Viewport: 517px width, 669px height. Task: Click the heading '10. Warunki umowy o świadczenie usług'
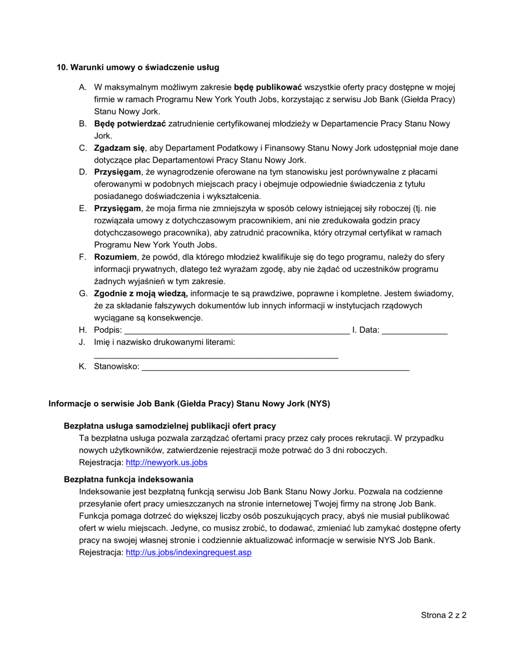[138, 67]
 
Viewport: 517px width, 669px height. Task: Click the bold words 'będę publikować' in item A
[268, 87]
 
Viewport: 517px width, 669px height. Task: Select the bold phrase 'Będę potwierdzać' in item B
[130, 124]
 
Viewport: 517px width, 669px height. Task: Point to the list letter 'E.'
[83, 208]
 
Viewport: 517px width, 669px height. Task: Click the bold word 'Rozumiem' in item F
[115, 257]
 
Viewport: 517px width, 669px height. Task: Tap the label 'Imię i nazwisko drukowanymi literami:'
[164, 343]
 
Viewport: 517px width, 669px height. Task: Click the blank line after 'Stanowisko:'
[275, 367]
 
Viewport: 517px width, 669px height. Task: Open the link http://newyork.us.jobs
[167, 463]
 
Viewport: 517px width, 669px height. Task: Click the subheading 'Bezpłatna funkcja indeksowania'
[128, 479]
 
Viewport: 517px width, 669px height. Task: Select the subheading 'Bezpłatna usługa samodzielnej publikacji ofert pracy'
[170, 426]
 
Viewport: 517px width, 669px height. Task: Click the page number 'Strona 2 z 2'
[444, 616]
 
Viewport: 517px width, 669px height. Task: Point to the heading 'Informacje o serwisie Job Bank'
[189, 404]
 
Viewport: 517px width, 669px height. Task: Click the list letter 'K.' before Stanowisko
[83, 367]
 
